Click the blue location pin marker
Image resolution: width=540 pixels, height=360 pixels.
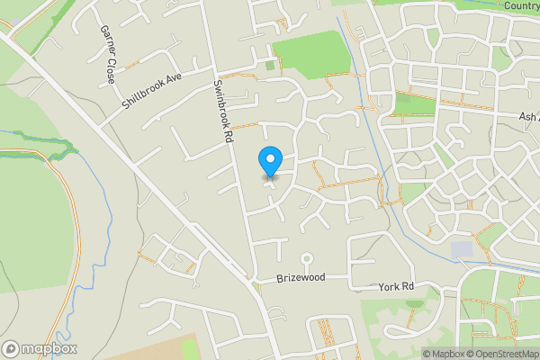tap(269, 160)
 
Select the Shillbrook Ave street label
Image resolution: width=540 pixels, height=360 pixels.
tap(152, 93)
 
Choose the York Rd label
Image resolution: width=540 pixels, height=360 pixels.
tap(395, 286)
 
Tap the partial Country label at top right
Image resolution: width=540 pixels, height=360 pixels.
tap(521, 6)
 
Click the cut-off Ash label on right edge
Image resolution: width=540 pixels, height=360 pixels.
tap(529, 117)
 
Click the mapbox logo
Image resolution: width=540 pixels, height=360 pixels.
tap(40, 348)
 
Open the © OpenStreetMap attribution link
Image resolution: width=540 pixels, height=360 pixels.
tap(501, 354)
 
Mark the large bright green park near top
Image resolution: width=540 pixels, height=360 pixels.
tap(310, 51)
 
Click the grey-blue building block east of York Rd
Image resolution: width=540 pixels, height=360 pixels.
tap(462, 248)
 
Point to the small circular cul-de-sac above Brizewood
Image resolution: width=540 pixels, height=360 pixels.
tap(306, 256)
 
